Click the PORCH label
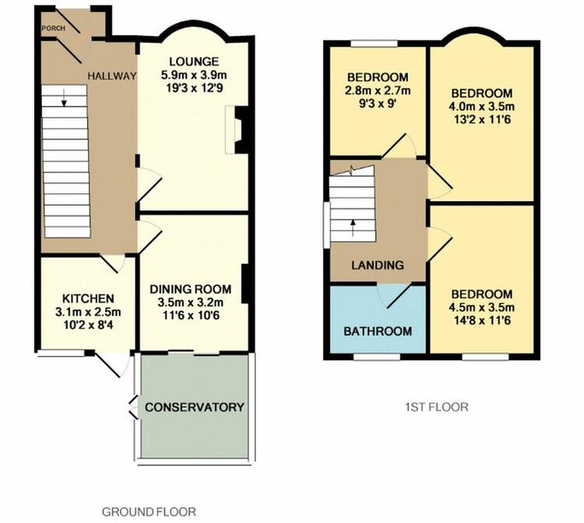click(x=54, y=28)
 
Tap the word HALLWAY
click(x=112, y=76)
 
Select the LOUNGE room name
click(x=194, y=62)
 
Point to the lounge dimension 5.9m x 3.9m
click(x=194, y=75)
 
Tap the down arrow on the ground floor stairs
click(x=64, y=98)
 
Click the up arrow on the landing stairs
click(x=353, y=228)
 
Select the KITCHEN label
click(x=88, y=299)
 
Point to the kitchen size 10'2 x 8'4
click(x=88, y=326)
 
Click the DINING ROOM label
click(x=191, y=289)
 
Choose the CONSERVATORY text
click(x=195, y=407)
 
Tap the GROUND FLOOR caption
click(x=149, y=512)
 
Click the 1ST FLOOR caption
click(x=437, y=407)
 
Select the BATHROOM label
click(x=378, y=331)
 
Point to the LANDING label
click(x=378, y=265)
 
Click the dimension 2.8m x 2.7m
click(x=378, y=90)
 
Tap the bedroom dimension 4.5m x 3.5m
click(x=482, y=308)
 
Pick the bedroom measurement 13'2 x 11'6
click(x=482, y=120)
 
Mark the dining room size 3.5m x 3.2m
click(x=191, y=302)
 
